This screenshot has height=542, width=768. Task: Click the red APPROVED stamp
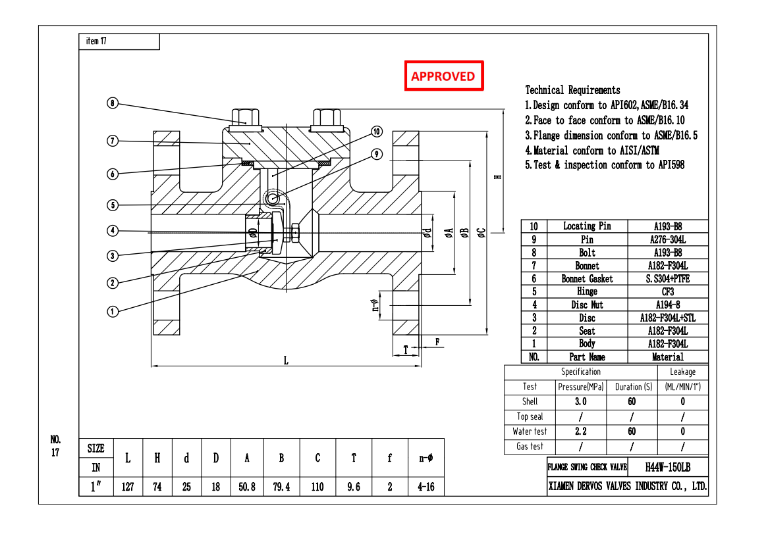[x=443, y=76]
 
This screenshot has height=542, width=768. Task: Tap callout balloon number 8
[x=113, y=103]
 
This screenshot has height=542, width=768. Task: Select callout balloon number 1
[x=113, y=311]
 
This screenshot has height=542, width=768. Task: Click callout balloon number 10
[x=376, y=132]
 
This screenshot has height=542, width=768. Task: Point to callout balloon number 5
[x=113, y=205]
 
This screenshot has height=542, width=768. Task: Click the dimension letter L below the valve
[x=286, y=360]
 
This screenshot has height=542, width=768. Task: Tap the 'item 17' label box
[x=119, y=41]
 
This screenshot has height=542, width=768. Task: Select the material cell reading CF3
[x=667, y=291]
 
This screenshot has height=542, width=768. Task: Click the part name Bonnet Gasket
[x=587, y=279]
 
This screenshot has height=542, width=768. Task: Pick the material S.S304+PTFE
[x=667, y=279]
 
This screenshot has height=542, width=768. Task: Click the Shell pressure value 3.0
[x=580, y=401]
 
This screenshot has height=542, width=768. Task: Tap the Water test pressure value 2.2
[x=580, y=431]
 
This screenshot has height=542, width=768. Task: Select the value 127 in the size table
[x=128, y=487]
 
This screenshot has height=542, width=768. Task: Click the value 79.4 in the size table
[x=281, y=487]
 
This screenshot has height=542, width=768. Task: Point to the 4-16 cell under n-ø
[x=425, y=487]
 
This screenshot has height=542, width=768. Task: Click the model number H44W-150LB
[x=667, y=468]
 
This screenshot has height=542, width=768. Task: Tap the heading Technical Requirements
[x=572, y=90]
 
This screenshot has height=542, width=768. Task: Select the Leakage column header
[x=682, y=372]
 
